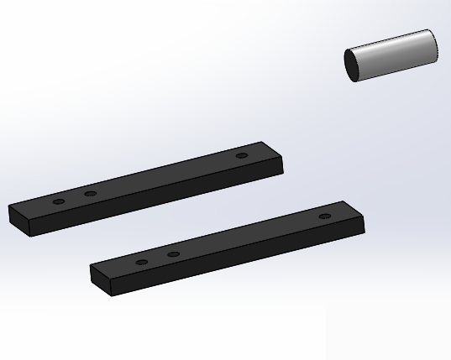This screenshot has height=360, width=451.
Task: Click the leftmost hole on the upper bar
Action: [59, 202]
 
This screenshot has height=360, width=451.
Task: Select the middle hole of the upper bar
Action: [91, 195]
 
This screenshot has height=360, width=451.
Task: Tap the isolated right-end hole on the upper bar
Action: [242, 156]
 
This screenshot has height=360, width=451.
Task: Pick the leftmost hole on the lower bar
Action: [142, 262]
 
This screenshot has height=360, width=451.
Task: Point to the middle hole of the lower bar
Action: [173, 254]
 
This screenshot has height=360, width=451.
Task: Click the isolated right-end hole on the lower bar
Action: [324, 217]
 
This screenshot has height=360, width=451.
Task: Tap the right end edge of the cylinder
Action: [435, 44]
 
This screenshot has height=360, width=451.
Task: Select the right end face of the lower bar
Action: [362, 224]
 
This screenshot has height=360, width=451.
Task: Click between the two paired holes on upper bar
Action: [75, 199]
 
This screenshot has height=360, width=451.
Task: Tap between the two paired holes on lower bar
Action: [158, 258]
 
